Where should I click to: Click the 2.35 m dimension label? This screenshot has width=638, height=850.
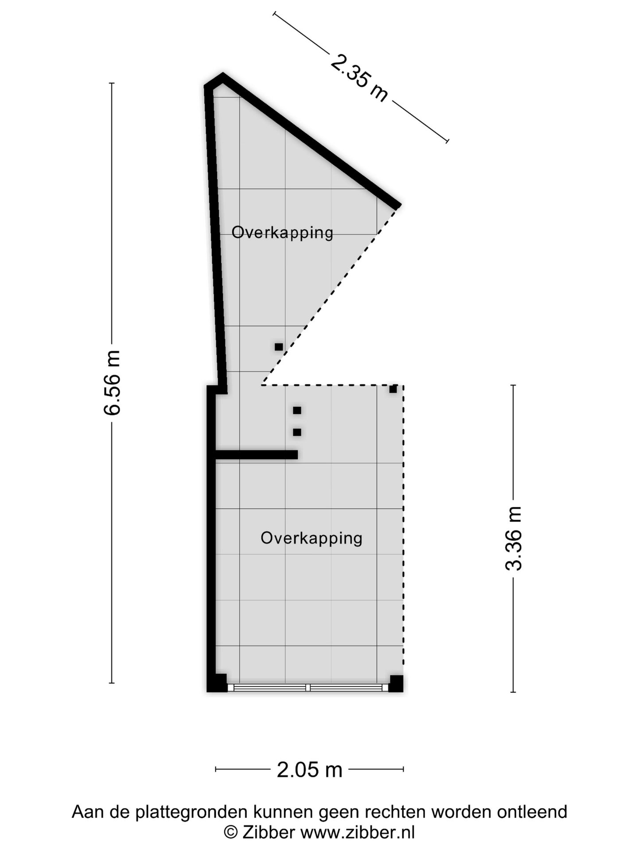[x=359, y=78]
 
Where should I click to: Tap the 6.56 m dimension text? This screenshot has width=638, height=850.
[x=112, y=382]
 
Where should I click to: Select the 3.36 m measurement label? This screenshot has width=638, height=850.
[x=514, y=538]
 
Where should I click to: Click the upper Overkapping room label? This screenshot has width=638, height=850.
[x=282, y=232]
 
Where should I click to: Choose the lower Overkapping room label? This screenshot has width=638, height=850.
[x=311, y=538]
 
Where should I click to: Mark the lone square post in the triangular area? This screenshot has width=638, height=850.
[x=279, y=347]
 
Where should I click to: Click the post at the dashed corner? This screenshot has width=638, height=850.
[x=393, y=389]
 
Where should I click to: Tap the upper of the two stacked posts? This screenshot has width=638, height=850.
[x=297, y=410]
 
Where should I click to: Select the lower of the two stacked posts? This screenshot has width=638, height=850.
[x=297, y=432]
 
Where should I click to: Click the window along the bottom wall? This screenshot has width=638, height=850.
[x=308, y=688]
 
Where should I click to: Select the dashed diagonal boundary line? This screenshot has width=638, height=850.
[x=330, y=297]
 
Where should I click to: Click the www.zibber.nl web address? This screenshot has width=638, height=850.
[x=358, y=832]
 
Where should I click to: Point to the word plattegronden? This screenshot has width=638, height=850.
[x=191, y=812]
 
